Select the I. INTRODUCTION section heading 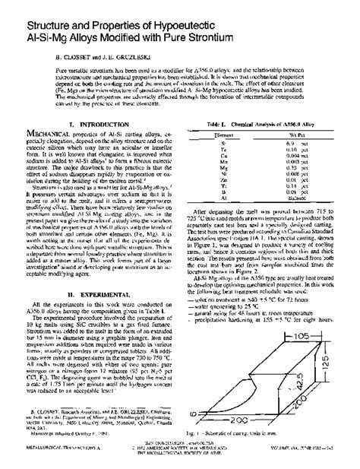click(x=91, y=123)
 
